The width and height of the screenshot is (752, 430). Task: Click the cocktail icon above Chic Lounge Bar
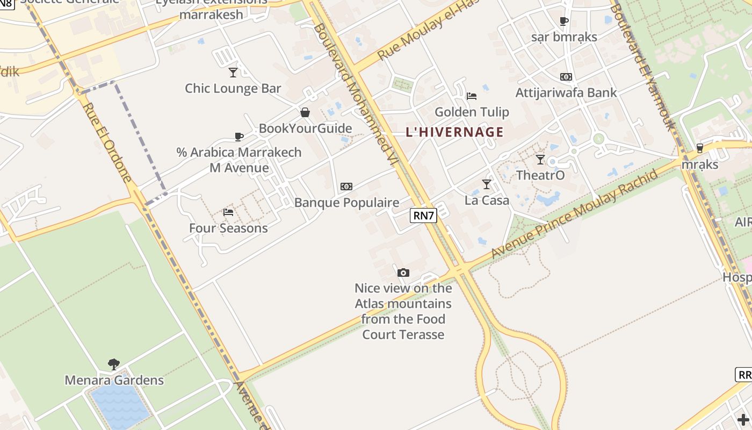[x=233, y=72]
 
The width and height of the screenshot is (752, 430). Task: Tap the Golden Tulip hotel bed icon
[x=472, y=96]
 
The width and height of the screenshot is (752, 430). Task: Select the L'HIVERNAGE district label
[x=454, y=132]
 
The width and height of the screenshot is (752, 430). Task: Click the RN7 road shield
[x=423, y=216]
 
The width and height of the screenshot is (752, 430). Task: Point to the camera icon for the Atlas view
[x=403, y=273]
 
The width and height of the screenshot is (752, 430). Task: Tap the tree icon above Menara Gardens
[x=114, y=364]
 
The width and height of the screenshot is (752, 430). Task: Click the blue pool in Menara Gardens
[x=119, y=404]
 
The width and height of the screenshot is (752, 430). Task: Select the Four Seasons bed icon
[x=228, y=212]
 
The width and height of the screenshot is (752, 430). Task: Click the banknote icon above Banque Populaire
[x=346, y=187]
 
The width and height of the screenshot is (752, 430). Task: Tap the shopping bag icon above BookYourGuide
[x=305, y=112]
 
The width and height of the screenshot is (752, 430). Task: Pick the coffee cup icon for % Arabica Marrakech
[x=239, y=137]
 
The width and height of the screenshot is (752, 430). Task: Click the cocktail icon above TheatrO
[x=540, y=160]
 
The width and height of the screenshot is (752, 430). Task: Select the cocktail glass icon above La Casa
[x=487, y=184]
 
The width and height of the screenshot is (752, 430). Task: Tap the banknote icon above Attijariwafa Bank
[x=566, y=77]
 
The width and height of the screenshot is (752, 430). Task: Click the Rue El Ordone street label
[x=108, y=142]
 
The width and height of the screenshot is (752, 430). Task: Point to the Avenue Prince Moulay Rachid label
[x=575, y=213]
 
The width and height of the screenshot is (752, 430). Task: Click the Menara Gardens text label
[x=114, y=380]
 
